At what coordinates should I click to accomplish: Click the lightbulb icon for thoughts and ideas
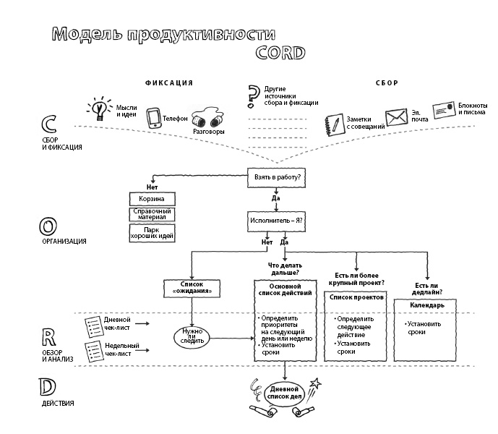100,109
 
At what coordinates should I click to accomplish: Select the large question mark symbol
253,95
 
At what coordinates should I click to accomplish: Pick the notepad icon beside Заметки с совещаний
333,122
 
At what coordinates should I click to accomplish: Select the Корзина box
152,197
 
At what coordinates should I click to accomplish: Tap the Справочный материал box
152,214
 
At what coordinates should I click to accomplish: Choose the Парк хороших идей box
152,232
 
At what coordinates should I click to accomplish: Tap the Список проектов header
357,297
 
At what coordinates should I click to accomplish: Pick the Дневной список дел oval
286,394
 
